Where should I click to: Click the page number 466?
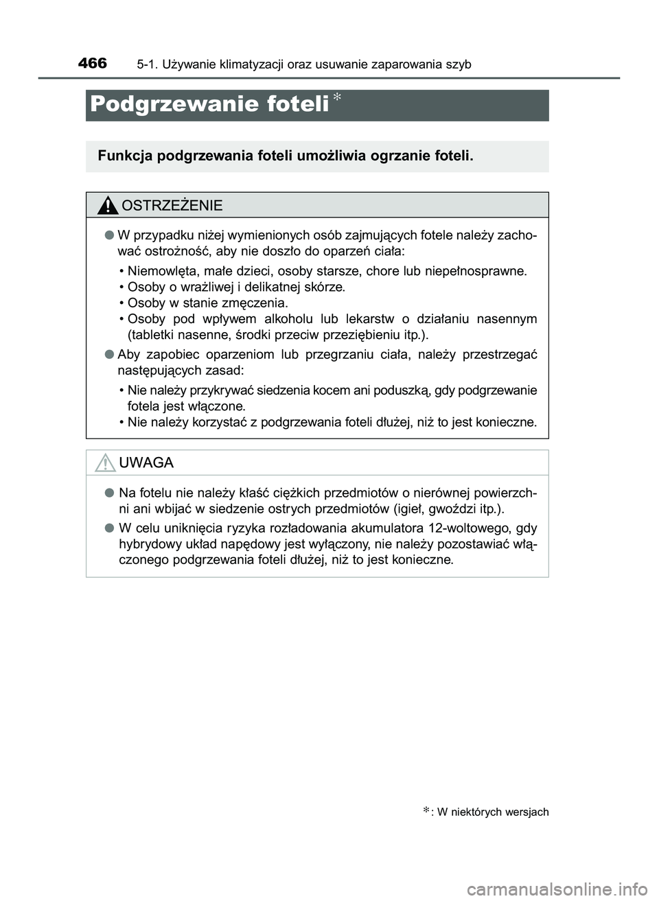pyautogui.click(x=93, y=64)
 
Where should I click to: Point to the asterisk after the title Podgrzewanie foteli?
pyautogui.click(x=338, y=99)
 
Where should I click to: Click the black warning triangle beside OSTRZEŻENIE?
pyautogui.click(x=107, y=204)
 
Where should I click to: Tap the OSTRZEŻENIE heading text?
pyautogui.click(x=172, y=206)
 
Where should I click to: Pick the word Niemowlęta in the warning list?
pyautogui.click(x=160, y=270)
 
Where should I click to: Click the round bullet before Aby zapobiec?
pyautogui.click(x=108, y=355)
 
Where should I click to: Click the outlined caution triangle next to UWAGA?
pyautogui.click(x=105, y=463)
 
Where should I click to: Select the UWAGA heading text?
pyautogui.click(x=146, y=463)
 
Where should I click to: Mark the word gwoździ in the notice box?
pyautogui.click(x=461, y=509)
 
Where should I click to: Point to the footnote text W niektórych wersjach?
pyautogui.click(x=492, y=812)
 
